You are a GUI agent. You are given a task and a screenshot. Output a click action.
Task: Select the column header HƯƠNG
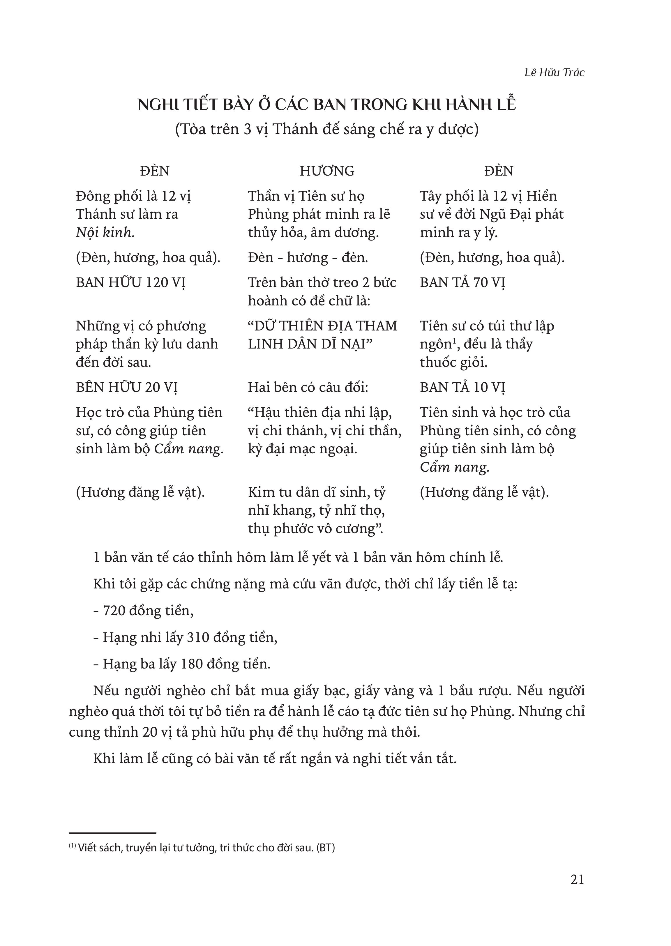pos(327,171)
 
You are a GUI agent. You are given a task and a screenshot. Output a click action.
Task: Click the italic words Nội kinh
pos(105,233)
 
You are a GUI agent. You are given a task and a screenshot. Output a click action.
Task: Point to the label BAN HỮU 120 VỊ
pos(130,282)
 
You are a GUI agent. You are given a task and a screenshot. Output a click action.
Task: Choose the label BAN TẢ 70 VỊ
pos(462,282)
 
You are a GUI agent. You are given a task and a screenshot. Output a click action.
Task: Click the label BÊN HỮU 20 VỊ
pos(127,388)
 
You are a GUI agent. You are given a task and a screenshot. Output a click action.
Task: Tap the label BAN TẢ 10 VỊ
pos(462,388)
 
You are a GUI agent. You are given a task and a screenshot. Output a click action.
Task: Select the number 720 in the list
pos(114,611)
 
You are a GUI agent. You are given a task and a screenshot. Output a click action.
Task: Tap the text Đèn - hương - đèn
pos(308,258)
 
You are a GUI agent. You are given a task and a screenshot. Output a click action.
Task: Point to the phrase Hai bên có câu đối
pos(308,388)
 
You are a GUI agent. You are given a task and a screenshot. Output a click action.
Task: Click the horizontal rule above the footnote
pos(112,834)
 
